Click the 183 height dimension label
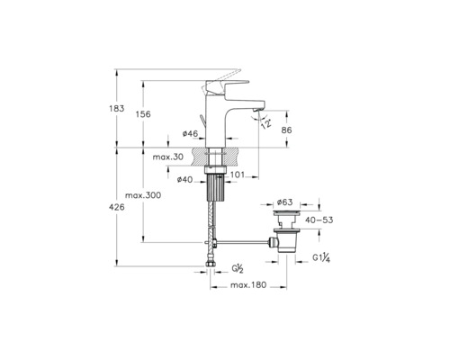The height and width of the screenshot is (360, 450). pos(117,108)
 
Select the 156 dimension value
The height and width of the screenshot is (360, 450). pos(143,114)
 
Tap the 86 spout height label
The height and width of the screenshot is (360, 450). pos(286,130)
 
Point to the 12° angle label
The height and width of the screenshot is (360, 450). pos(266,123)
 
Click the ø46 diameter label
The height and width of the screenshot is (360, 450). pos(190,134)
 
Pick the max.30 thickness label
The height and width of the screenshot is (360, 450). pos(168,157)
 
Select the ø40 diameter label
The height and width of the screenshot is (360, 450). pos(184,180)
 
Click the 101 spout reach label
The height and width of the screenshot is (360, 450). pos(238,175)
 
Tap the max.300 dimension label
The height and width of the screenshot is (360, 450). pos(143,195)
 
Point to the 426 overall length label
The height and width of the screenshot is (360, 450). pos(117,207)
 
